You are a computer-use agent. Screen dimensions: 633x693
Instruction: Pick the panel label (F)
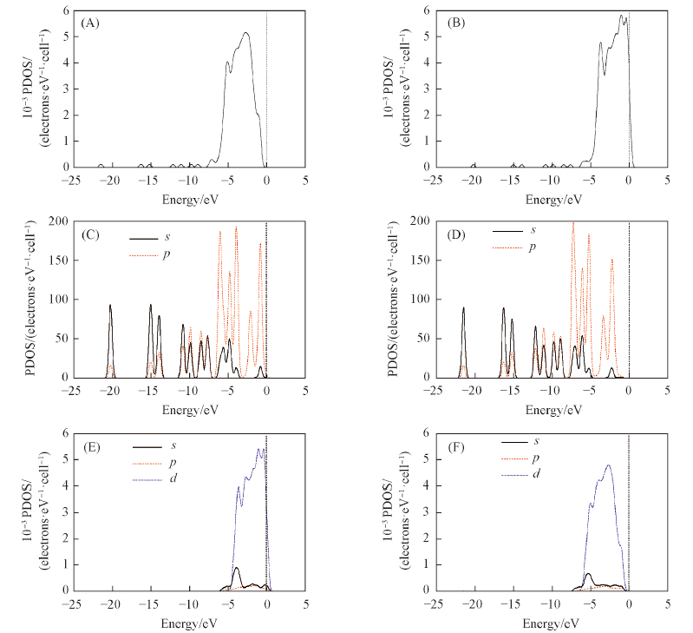click(450, 446)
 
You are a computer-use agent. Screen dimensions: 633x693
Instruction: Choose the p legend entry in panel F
click(535, 458)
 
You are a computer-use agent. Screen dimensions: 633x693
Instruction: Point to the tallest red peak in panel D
click(572, 223)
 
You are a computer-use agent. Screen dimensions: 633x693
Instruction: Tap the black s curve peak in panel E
click(236, 568)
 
